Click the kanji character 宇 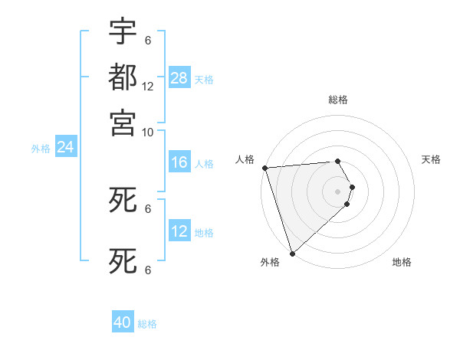tap(123, 32)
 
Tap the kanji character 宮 tap(123, 123)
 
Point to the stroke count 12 tap(148, 87)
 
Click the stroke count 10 tap(148, 132)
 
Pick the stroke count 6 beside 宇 tap(148, 41)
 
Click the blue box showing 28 tap(179, 78)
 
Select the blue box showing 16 tap(179, 162)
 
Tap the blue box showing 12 tap(179, 231)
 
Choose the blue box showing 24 tap(65, 147)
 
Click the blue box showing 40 tap(123, 323)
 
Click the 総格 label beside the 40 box tap(147, 324)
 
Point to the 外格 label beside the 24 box tap(41, 149)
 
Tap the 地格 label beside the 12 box tap(204, 233)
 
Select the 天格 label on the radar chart tap(431, 159)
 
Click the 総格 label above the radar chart tap(338, 100)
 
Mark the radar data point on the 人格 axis tap(264, 168)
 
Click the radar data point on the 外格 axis tap(292, 253)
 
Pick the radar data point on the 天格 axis tap(352, 187)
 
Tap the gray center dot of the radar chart tap(338, 191)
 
